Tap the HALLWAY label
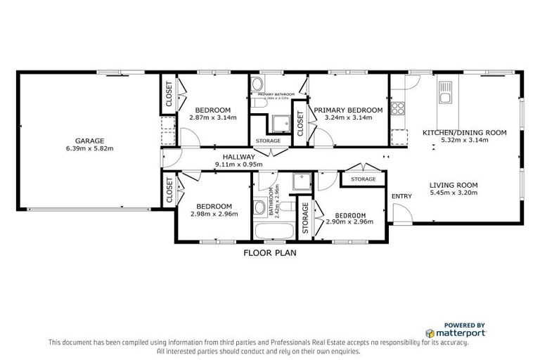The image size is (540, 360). pos(238,157)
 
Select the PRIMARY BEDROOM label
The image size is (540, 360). pos(348,110)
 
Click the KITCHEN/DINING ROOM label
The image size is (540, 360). pos(464,132)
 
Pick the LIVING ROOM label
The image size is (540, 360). pos(454,186)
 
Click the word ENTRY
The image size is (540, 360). pos(401,196)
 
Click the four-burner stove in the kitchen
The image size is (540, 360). pos(399,108)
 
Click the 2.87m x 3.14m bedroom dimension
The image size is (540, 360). pos(213,117)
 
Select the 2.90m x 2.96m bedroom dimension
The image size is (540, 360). pos(349,222)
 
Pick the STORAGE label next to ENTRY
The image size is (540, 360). pos(363,180)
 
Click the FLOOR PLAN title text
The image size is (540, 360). pos(270,253)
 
